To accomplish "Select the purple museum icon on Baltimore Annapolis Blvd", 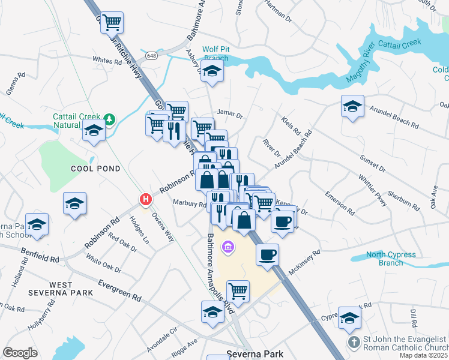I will (227, 246).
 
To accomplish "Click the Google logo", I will (20, 353).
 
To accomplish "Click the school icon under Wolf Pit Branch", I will (212, 72).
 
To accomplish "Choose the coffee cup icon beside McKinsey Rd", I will (267, 254).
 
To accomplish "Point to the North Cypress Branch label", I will (391, 259).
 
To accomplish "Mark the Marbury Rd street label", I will (190, 203).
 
